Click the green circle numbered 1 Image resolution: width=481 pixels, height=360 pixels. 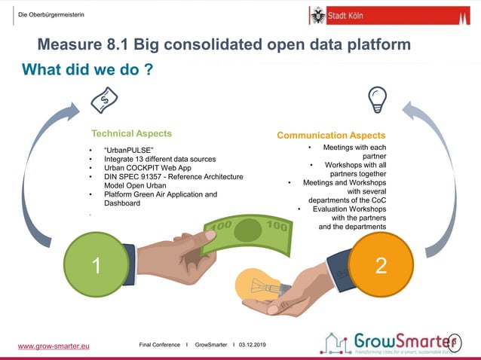[97, 265]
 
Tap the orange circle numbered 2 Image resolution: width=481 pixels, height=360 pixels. [381, 265]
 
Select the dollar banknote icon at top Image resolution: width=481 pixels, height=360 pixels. [105, 99]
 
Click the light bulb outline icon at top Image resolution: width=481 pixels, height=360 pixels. [376, 99]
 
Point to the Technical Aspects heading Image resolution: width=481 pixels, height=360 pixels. [131, 133]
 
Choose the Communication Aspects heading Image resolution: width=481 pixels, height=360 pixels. [331, 136]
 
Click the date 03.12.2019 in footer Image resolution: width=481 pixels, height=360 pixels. [253, 344]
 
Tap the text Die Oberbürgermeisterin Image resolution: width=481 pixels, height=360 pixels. [51, 17]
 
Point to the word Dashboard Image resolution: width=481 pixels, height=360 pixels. [122, 203]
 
